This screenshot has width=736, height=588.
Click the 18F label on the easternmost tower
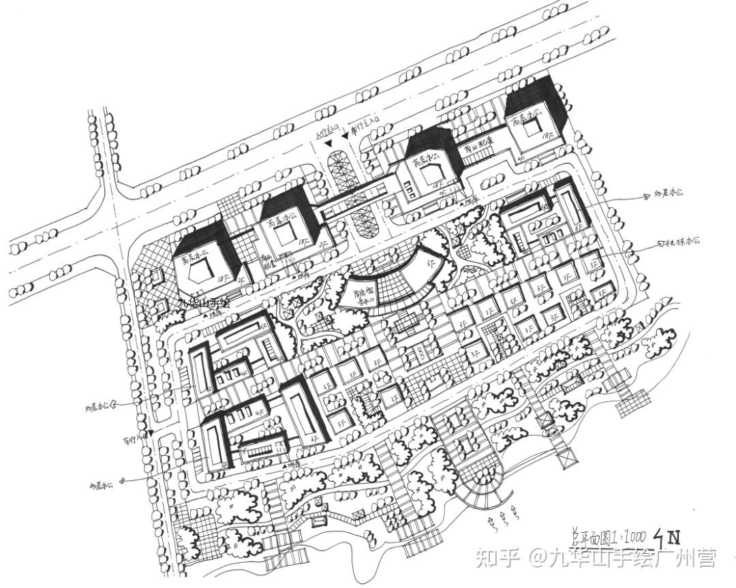tap(547, 136)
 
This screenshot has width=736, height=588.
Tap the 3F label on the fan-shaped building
tap(429, 260)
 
